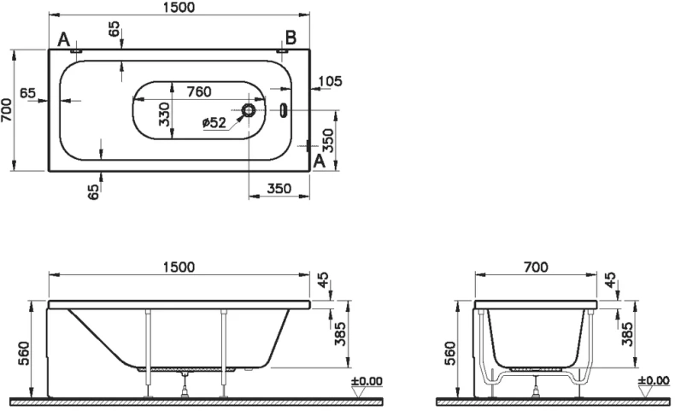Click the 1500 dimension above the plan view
pos(179,8)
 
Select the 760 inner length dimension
pos(199,91)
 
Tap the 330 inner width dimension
pos(164,114)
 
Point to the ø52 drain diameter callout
pos(214,123)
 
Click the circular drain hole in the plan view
pos(249,110)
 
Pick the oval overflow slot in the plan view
pos(283,109)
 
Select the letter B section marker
pos(291,38)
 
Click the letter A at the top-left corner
pos(64,39)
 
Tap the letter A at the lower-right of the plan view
pos(319,161)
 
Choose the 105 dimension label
pos(330,81)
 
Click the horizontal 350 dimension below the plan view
pos(279,188)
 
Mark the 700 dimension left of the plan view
pos(6,109)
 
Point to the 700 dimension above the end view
pos(536,267)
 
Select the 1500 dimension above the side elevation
pos(179,267)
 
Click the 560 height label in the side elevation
pos(24,354)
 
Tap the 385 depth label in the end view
pos(627,334)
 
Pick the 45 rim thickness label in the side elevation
pos(323,279)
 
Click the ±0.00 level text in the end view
pos(654,380)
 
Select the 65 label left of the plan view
pos(28,92)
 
